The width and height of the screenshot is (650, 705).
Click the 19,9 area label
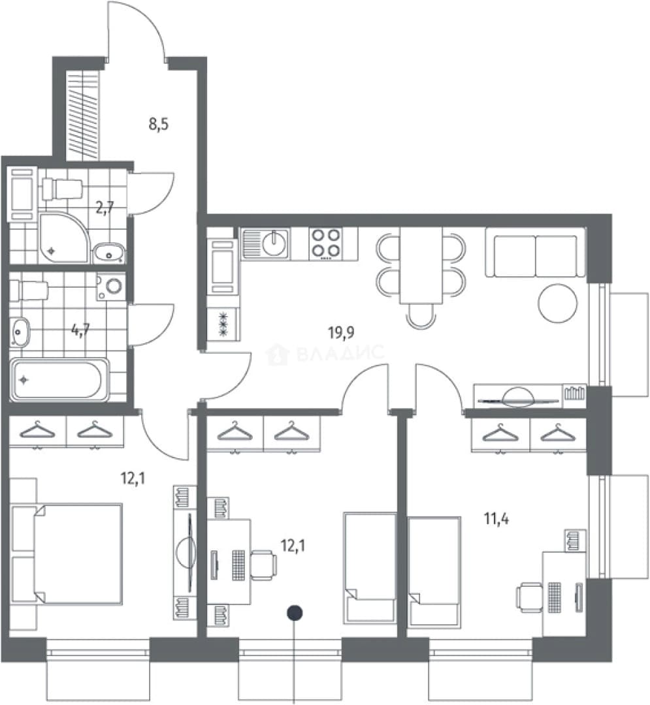[342, 333]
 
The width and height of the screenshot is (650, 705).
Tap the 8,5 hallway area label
[158, 124]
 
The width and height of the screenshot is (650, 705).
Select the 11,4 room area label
[496, 519]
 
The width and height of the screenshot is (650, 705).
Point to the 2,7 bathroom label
[105, 208]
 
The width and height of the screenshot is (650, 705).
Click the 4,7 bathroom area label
[80, 330]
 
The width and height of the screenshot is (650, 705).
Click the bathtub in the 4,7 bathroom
[60, 379]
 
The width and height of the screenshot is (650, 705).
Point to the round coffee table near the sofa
[557, 303]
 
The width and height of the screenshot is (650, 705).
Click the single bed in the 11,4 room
[434, 571]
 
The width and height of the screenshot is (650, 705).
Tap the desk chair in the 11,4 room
[529, 597]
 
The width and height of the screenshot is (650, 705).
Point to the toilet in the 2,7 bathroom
[61, 189]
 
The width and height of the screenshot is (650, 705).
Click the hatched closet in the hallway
[83, 115]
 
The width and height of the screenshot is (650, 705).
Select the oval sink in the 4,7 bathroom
[20, 332]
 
